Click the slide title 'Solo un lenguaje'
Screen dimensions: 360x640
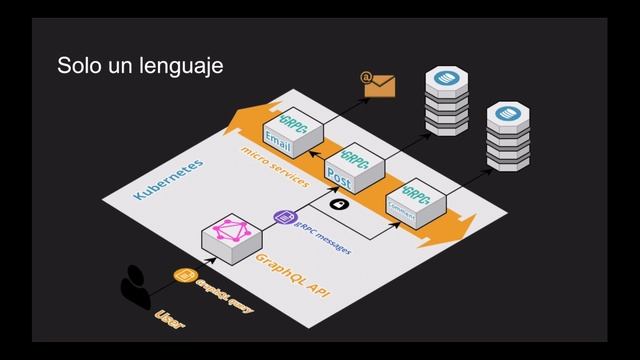point(139,67)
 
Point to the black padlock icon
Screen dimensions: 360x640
point(339,205)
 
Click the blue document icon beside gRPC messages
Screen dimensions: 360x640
point(283,216)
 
